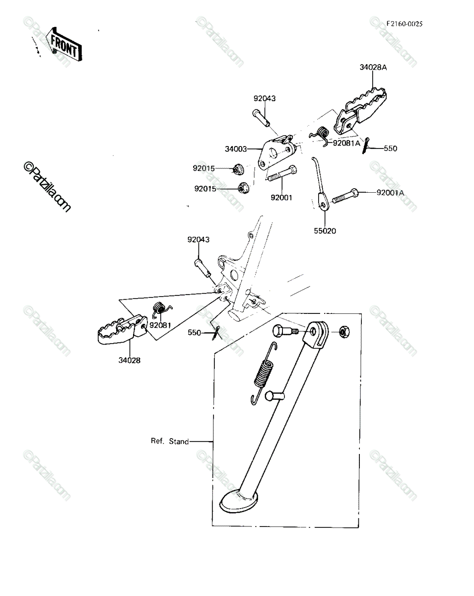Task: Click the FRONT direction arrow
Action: tap(64, 44)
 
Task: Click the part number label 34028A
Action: tap(373, 68)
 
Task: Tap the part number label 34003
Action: tap(236, 149)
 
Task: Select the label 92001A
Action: tap(390, 192)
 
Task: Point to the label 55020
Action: tap(325, 230)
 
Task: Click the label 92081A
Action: tap(346, 143)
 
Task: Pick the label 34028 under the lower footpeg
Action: tap(130, 360)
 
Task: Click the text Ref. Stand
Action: tap(170, 441)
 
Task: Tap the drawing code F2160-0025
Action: tap(405, 24)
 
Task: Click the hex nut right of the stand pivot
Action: tap(344, 331)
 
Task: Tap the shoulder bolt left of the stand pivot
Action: tap(284, 331)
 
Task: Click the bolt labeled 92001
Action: tap(282, 173)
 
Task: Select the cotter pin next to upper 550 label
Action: tap(366, 146)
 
